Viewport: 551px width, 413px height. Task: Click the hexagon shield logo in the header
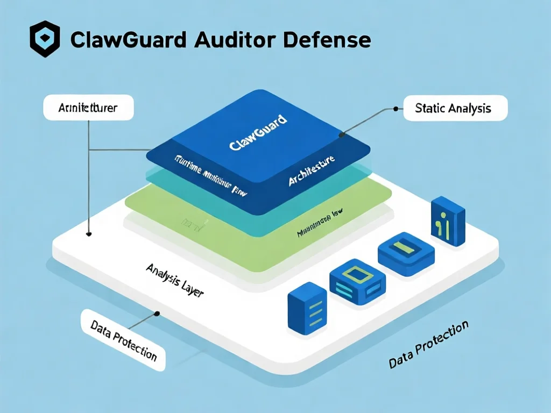45,39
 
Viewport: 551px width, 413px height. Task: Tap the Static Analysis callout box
454,108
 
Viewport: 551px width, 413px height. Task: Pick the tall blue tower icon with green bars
448,221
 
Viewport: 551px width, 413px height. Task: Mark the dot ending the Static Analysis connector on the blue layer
340,136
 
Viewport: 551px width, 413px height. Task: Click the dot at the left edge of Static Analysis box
396,109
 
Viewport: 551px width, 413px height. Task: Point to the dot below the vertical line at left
89,234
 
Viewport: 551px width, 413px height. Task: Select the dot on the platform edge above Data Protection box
157,312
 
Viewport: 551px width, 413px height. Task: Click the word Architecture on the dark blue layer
311,172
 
